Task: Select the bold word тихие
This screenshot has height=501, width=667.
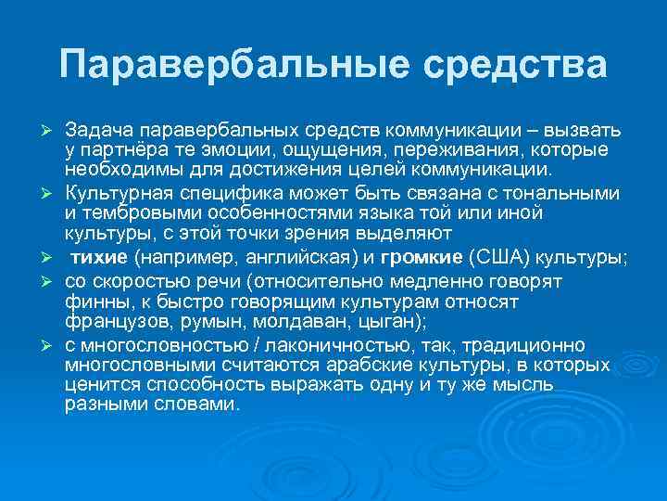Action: tap(101, 258)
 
